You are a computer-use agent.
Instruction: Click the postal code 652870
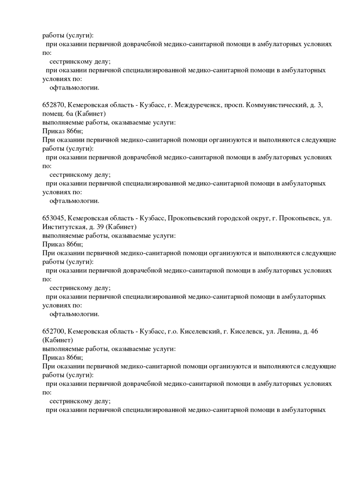(54, 105)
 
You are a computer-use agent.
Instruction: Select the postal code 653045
(54, 218)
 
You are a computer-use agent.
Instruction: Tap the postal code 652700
(54, 331)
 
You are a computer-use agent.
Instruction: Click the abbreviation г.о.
(172, 331)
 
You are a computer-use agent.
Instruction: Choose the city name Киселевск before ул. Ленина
(246, 331)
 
